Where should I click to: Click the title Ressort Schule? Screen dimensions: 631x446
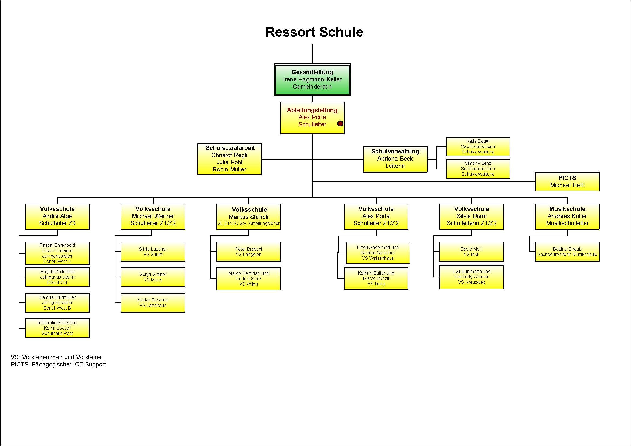[x=314, y=32]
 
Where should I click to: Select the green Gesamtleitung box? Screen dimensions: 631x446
[x=312, y=80]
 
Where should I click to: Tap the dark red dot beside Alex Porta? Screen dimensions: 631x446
[x=340, y=123]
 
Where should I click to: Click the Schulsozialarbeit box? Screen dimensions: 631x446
[x=229, y=159]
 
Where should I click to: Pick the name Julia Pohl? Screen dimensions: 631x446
[x=229, y=162]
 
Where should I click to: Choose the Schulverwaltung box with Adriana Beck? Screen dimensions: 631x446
[x=395, y=159]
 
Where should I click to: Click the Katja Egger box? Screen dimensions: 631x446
[x=478, y=147]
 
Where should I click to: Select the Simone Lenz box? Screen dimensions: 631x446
[x=478, y=169]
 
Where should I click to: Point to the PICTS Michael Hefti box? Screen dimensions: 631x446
[x=567, y=181]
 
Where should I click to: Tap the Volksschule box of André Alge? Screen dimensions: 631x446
[x=57, y=217]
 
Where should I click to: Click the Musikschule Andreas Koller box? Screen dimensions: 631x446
[x=567, y=217]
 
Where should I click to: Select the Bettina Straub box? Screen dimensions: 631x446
[x=567, y=252]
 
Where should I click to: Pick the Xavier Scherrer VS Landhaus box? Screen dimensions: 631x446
[x=153, y=303]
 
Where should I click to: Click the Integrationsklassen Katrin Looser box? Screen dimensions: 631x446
[x=57, y=328]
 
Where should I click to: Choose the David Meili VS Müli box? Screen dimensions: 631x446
[x=472, y=252]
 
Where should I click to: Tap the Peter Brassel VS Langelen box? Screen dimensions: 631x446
[x=248, y=252]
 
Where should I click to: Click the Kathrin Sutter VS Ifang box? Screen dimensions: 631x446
[x=376, y=278]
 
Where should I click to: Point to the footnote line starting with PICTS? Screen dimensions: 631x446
[x=58, y=365]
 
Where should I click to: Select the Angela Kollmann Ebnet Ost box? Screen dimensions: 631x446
[x=57, y=277]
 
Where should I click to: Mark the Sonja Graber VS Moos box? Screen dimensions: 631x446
[x=153, y=277]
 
